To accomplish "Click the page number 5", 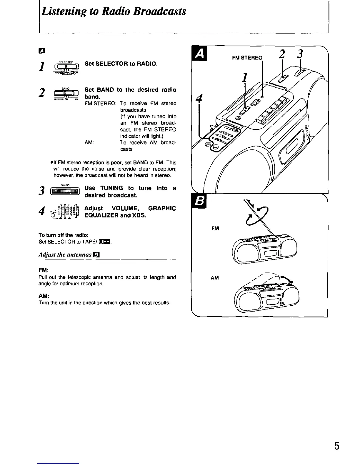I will [337, 446].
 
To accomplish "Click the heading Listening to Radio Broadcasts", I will [114, 12].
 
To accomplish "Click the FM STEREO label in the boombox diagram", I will [247, 58].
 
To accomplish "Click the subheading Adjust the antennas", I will [68, 254].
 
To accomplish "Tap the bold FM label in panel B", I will [215, 228].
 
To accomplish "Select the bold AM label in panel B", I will [215, 278].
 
